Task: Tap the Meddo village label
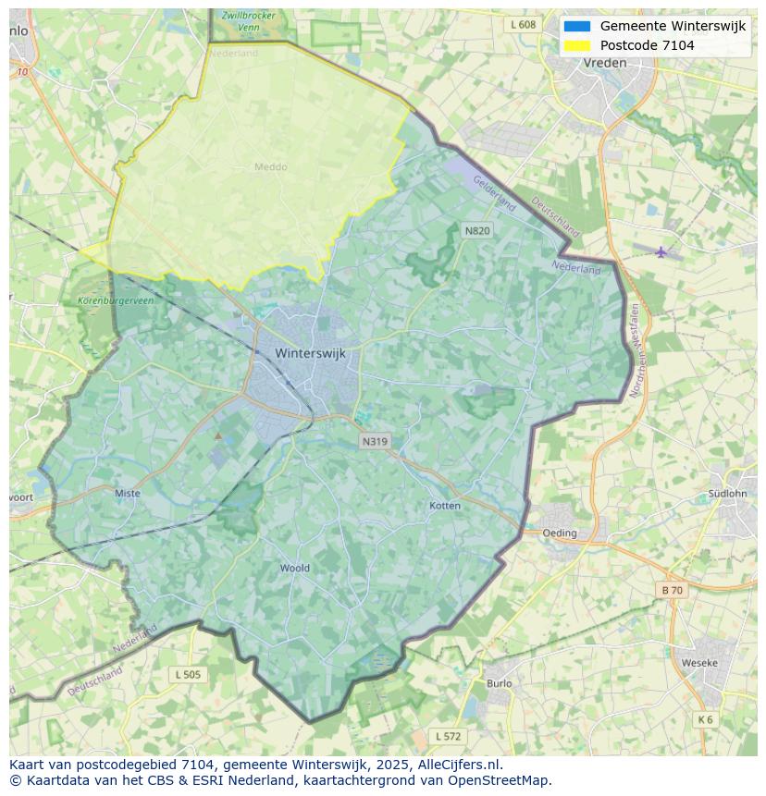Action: click(x=271, y=167)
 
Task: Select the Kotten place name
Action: click(x=445, y=506)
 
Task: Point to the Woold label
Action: click(x=295, y=568)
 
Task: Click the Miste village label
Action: click(x=128, y=494)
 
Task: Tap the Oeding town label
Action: click(x=560, y=533)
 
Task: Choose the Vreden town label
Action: click(x=605, y=63)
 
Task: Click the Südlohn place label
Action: click(x=727, y=494)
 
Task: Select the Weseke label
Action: click(x=699, y=663)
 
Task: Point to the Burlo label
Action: click(x=499, y=683)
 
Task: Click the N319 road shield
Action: click(x=375, y=442)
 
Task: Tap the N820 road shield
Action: click(x=476, y=229)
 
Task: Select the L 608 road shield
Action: click(x=523, y=25)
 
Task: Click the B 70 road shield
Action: click(x=673, y=590)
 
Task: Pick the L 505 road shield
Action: click(x=188, y=675)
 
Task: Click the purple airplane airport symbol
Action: click(x=661, y=251)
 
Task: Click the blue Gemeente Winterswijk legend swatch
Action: click(x=576, y=26)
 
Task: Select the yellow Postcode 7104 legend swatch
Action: click(x=576, y=45)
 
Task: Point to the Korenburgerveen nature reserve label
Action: click(x=117, y=300)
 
